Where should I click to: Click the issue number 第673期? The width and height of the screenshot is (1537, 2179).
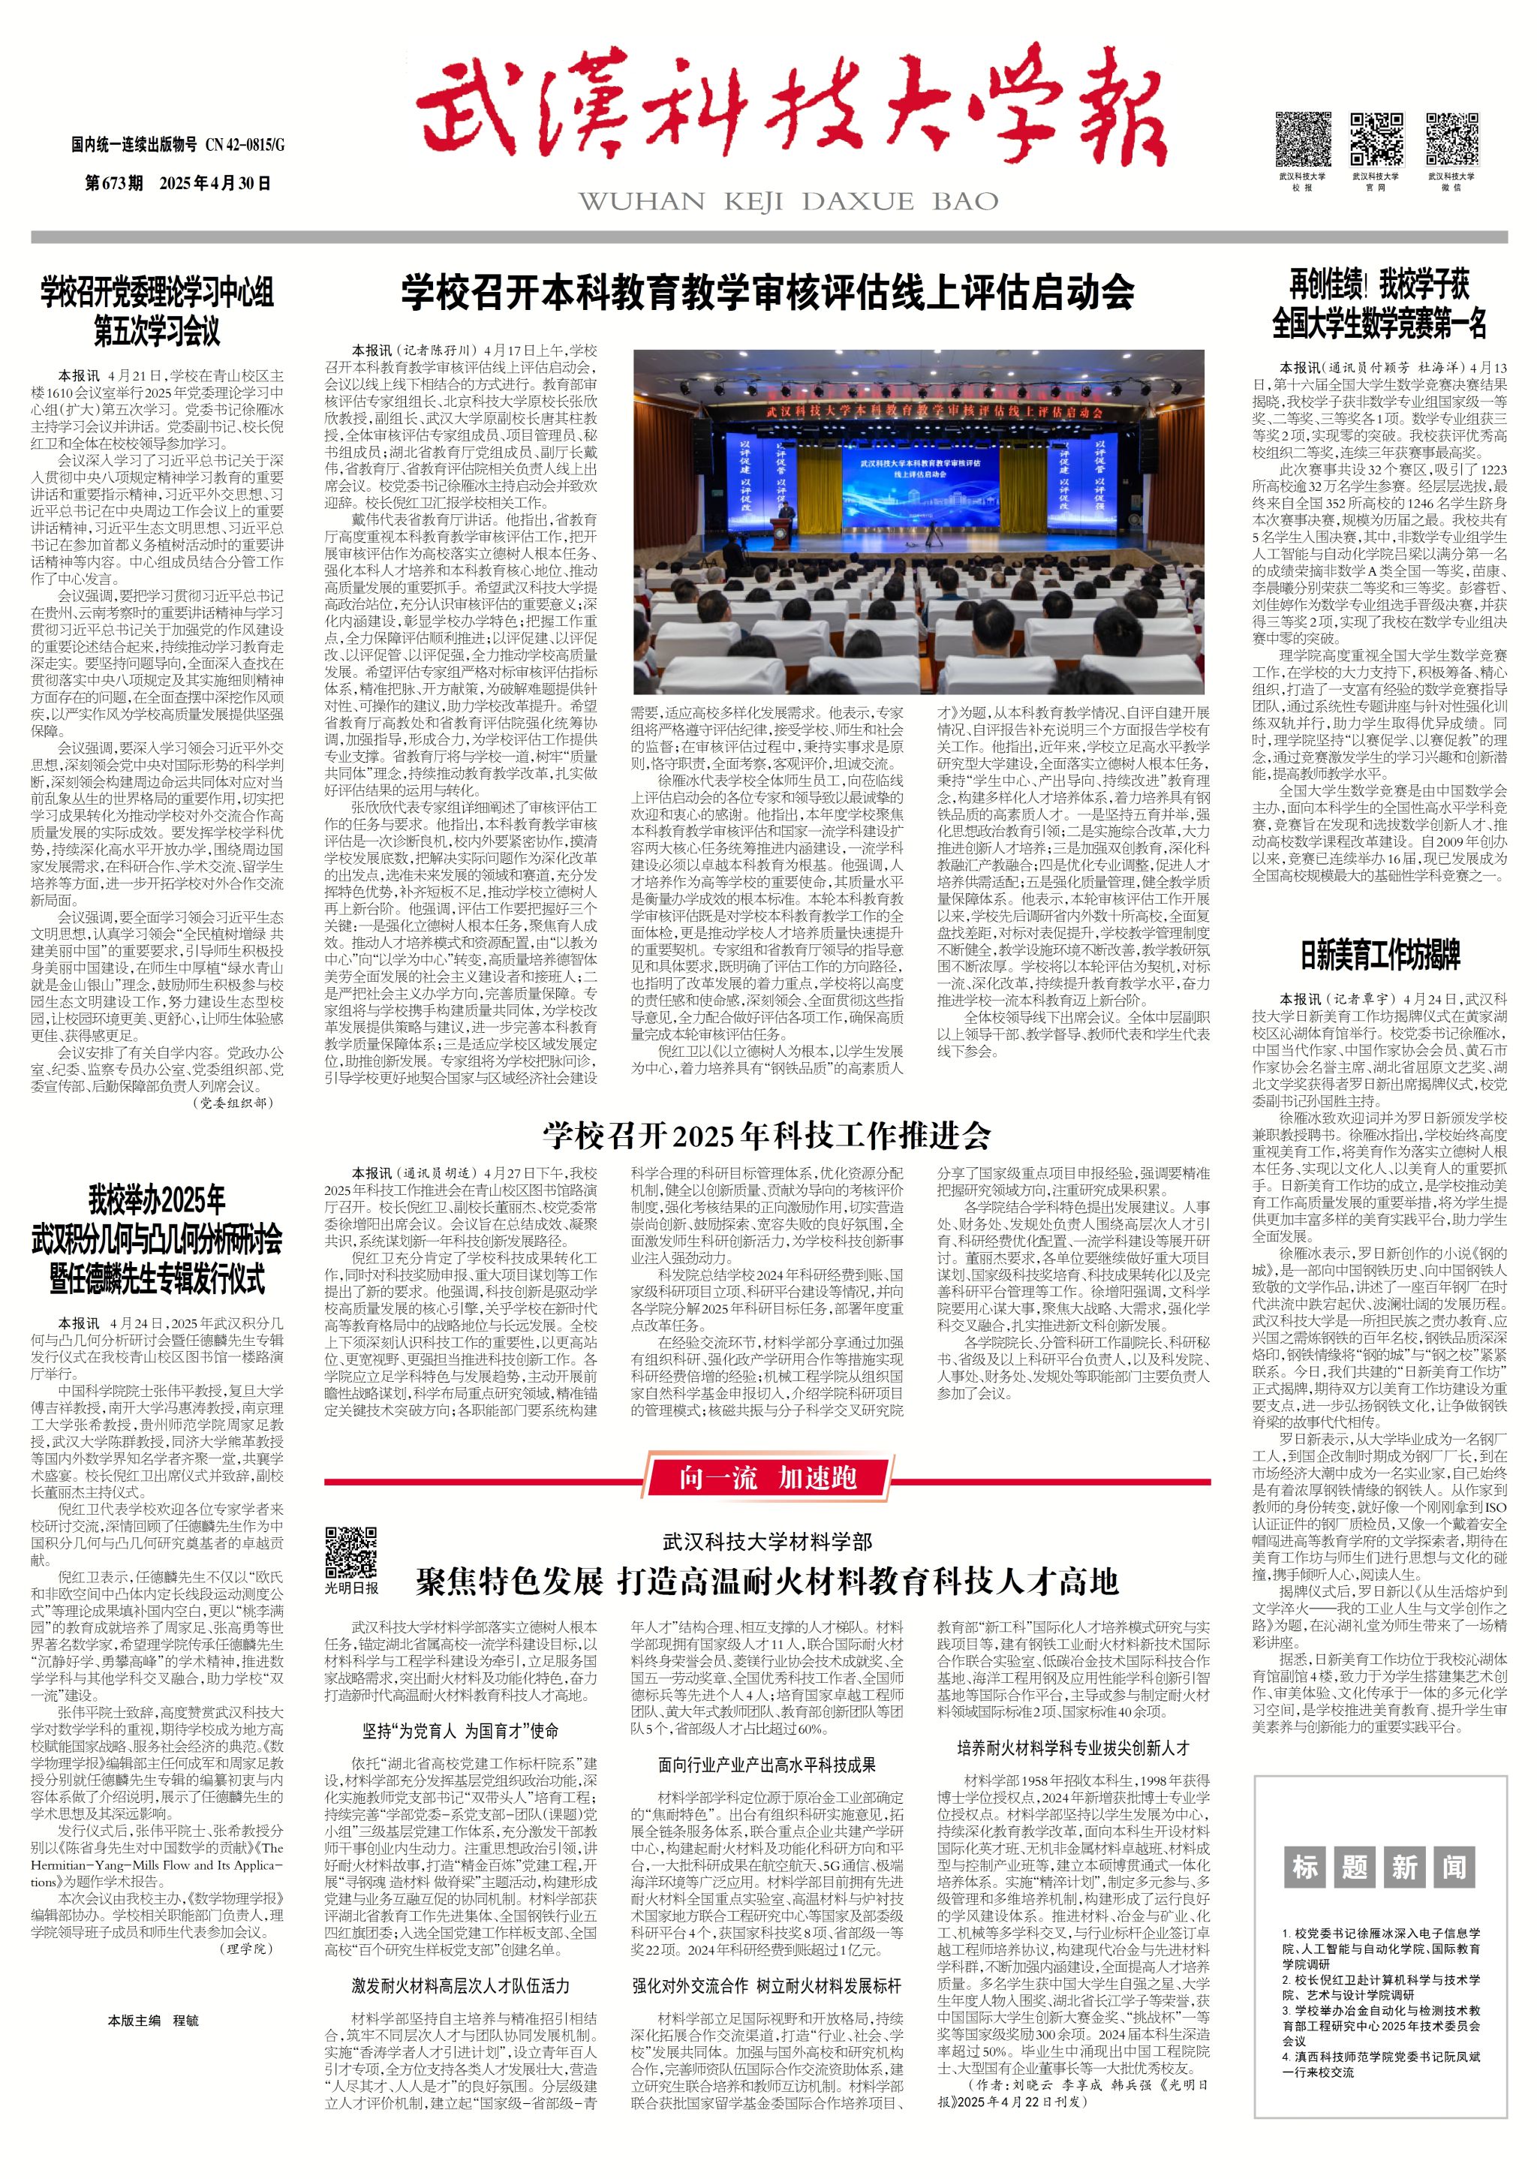point(114,183)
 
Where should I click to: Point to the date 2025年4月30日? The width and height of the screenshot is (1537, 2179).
point(215,183)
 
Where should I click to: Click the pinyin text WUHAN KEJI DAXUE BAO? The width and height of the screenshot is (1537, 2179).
point(787,201)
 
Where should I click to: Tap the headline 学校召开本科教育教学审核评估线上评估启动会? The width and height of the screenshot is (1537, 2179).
point(768,292)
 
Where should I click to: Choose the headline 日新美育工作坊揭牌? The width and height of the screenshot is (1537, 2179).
point(1379,955)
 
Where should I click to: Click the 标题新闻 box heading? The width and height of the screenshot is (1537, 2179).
point(1379,1867)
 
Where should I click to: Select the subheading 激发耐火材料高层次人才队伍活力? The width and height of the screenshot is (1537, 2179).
point(460,1985)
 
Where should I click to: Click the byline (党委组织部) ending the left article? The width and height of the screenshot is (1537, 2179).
point(233,1103)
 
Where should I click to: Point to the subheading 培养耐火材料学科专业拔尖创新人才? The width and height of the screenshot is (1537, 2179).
point(1073,1747)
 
